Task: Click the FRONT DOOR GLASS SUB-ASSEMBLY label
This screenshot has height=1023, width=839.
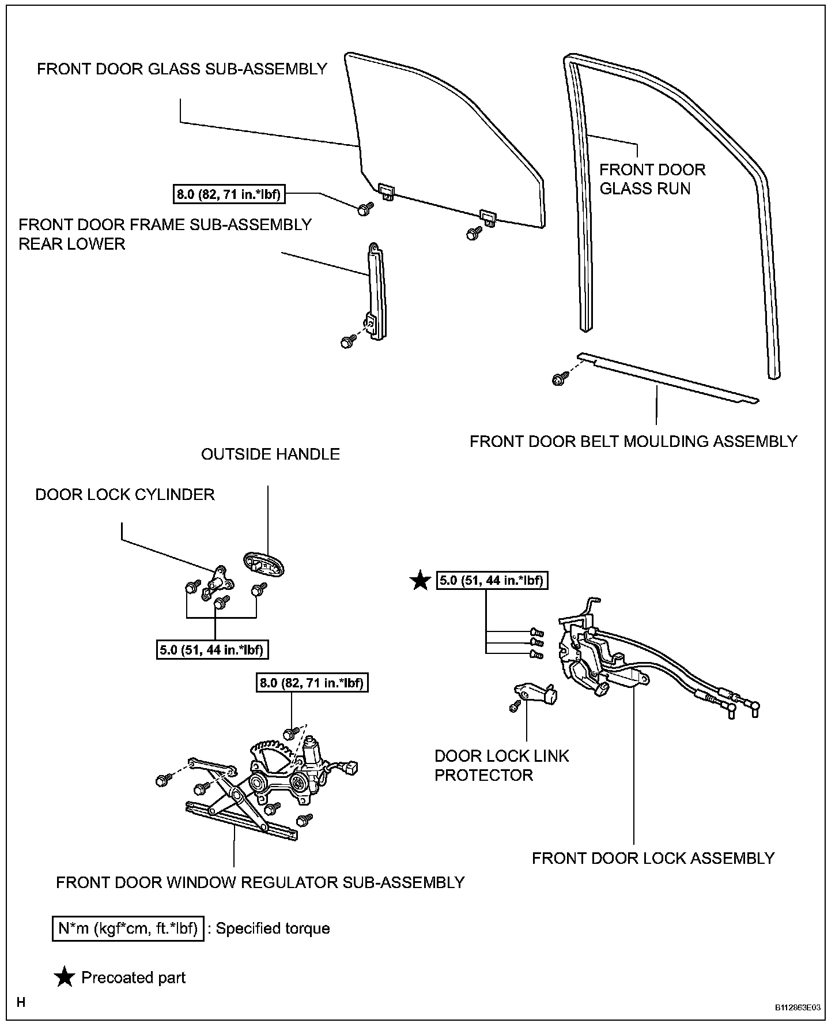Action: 182,69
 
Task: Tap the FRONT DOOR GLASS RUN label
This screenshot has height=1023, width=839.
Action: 652,179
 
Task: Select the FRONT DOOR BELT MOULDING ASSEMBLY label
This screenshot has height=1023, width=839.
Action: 633,442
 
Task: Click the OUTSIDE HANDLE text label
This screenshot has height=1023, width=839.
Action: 270,454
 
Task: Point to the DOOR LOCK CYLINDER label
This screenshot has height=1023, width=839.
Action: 125,495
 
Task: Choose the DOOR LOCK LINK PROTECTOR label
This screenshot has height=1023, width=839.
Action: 501,765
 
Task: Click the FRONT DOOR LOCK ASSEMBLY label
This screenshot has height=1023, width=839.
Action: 653,859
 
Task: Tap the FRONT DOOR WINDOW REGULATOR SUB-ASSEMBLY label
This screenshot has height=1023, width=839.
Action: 260,883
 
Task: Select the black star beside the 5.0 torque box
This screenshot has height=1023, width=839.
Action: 420,581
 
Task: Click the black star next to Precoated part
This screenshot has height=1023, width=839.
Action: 65,977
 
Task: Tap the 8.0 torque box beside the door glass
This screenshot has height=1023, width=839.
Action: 229,194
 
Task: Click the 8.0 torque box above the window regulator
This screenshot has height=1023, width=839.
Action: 311,683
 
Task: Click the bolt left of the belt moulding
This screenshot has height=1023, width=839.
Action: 558,379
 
